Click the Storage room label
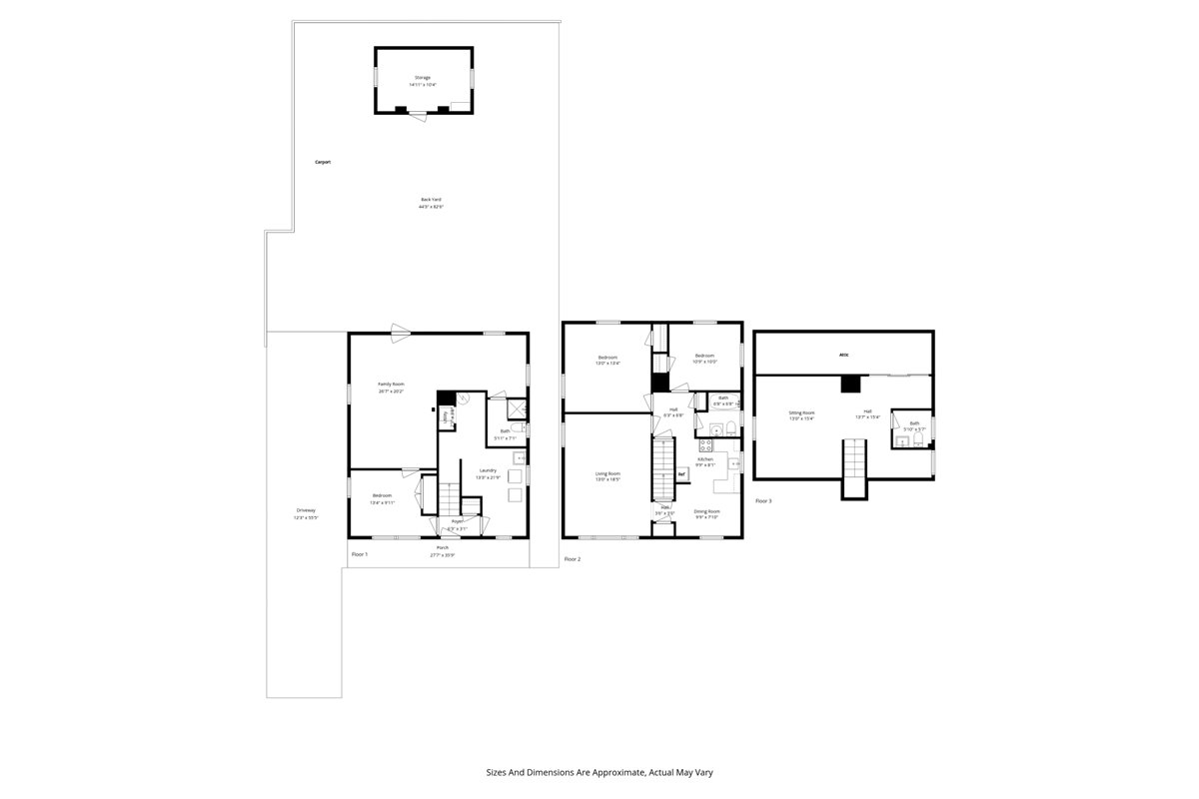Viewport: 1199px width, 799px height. pos(424,78)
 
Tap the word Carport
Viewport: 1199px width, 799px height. pos(323,162)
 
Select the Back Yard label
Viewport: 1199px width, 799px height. pos(431,200)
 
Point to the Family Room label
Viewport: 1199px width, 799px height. pos(391,385)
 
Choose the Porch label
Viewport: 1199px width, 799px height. pos(442,548)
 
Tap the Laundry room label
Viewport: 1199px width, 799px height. pos(488,470)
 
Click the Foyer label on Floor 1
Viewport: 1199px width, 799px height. pos(458,521)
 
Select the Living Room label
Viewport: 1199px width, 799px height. pos(607,474)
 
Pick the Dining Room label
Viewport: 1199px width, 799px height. pos(706,511)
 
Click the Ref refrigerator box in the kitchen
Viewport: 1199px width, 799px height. pos(681,474)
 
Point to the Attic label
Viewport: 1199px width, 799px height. pos(843,355)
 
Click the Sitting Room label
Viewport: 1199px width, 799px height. pos(801,412)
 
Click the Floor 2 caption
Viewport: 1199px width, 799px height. pos(572,559)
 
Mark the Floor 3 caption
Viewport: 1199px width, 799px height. pos(763,500)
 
